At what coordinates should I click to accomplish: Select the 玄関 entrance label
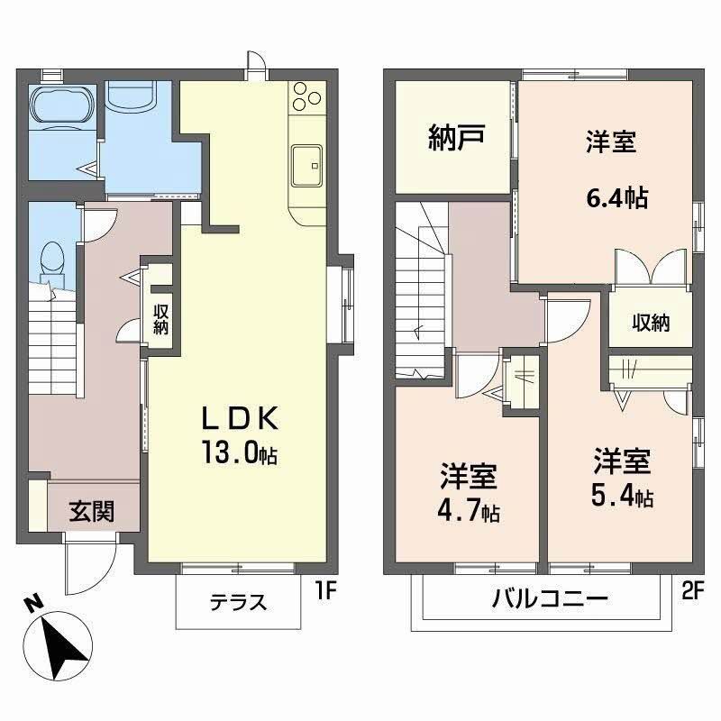tap(91, 512)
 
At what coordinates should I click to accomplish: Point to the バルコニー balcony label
tap(550, 598)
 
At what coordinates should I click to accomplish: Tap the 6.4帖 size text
tap(617, 198)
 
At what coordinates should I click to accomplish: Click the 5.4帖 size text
tap(622, 497)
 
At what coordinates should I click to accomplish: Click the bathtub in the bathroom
tap(61, 105)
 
